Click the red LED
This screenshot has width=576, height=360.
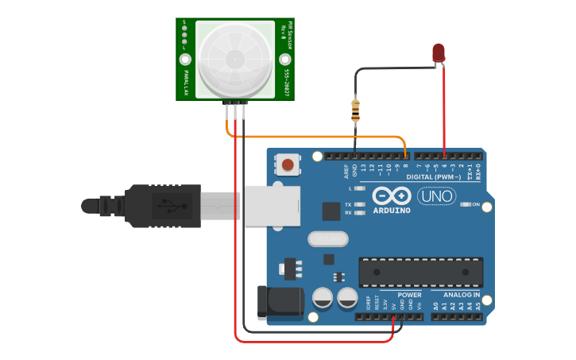(x=439, y=53)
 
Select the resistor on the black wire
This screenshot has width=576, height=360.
(x=355, y=110)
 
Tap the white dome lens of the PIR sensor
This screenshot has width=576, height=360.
(x=235, y=58)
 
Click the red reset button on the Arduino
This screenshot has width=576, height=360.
(x=288, y=165)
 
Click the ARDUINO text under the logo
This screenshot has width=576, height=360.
(x=391, y=210)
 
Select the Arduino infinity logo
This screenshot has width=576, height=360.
(x=391, y=195)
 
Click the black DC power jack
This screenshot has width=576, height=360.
(x=280, y=302)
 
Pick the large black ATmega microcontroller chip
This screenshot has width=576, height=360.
(x=420, y=271)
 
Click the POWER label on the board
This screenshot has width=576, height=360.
(x=409, y=295)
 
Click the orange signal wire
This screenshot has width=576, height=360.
(x=318, y=137)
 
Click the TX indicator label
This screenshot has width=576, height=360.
(x=348, y=204)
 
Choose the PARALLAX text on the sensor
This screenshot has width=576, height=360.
(x=186, y=82)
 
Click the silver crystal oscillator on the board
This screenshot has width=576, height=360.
(x=328, y=238)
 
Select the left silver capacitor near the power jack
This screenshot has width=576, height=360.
(x=323, y=298)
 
